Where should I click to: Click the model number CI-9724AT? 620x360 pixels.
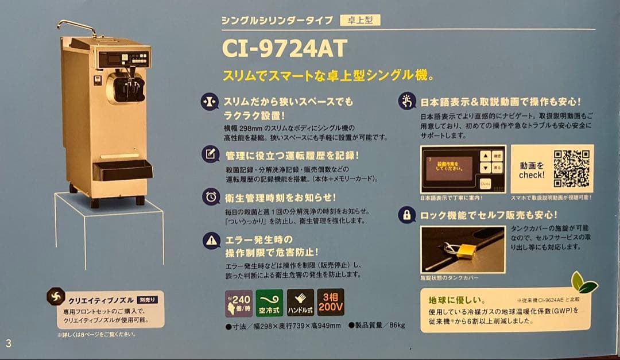[x=284, y=48]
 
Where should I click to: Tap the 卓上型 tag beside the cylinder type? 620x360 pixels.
[x=360, y=20]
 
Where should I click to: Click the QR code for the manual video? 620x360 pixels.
[x=572, y=169]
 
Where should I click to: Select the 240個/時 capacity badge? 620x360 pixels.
[x=238, y=303]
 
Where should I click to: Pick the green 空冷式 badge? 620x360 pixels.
[x=269, y=303]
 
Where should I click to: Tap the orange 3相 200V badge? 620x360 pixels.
[x=331, y=303]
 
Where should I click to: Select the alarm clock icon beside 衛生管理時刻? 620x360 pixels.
[x=211, y=197]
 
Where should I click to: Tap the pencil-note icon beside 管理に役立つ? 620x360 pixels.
[x=211, y=154]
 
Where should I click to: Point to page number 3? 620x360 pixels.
[x=9, y=343]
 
